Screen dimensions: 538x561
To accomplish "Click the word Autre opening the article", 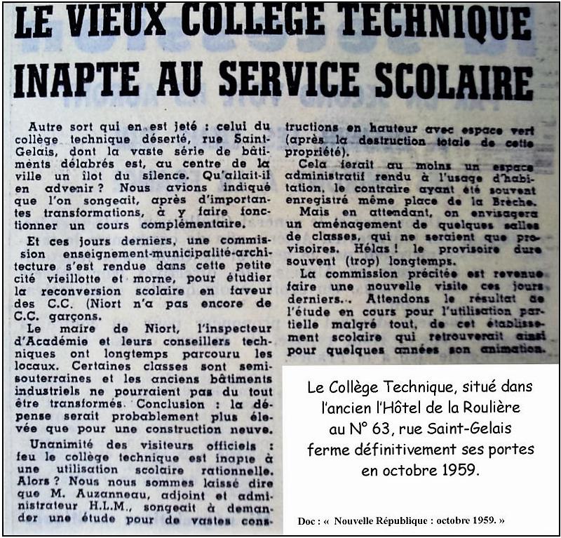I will [46, 126].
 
